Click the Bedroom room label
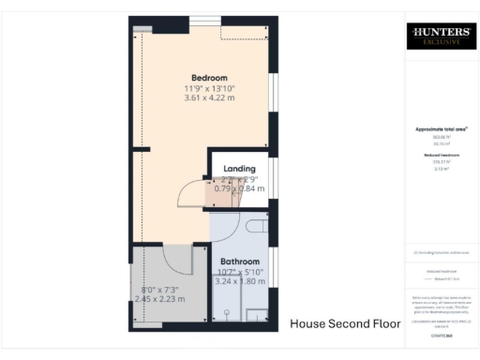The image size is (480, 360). [x=209, y=78]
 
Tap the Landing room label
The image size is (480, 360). [x=239, y=168]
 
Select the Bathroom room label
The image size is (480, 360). [x=240, y=262]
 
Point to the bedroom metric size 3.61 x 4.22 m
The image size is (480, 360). [x=209, y=98]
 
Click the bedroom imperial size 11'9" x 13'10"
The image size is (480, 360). [x=209, y=88]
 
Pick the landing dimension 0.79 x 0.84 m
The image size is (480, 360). [x=239, y=188]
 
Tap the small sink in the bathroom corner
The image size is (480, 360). [x=256, y=312]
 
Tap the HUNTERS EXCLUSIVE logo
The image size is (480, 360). [x=438, y=37]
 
